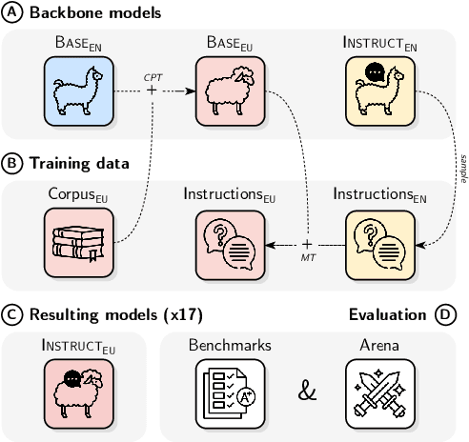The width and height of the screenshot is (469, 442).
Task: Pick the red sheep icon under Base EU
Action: (x=230, y=89)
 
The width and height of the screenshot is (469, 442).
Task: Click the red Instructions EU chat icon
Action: (x=230, y=239)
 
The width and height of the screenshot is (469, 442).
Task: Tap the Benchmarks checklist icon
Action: (x=230, y=391)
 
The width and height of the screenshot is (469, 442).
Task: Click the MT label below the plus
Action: (x=307, y=257)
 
